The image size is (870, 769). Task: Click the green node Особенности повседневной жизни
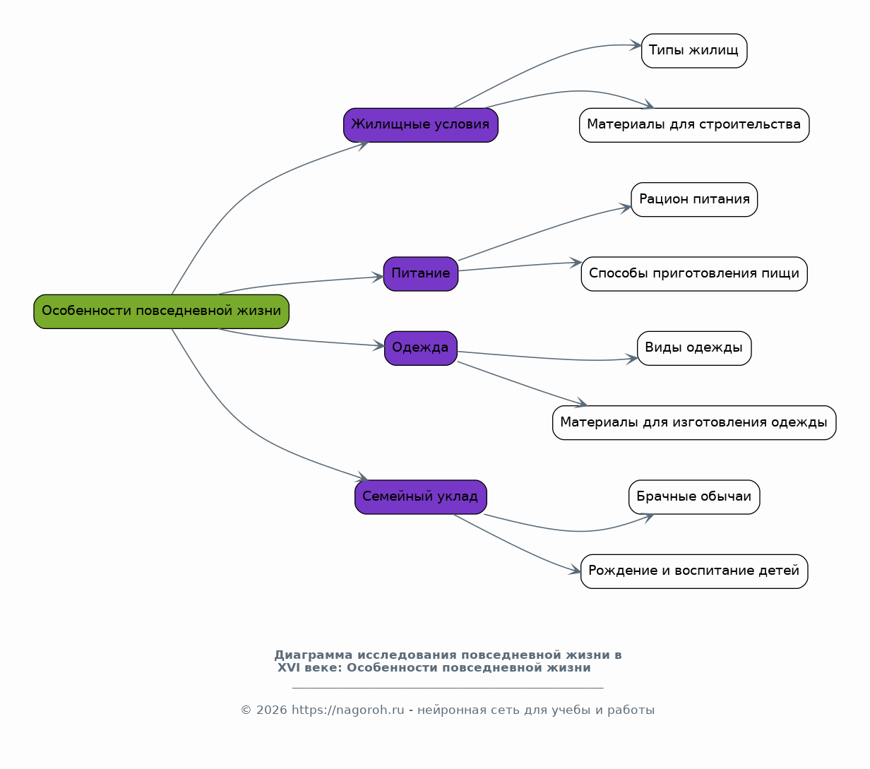pos(162,311)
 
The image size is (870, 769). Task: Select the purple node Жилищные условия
pos(421,126)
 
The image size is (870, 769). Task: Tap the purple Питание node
pos(421,274)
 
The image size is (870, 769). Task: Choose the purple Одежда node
pos(421,348)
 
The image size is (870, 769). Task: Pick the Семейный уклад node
pos(421,497)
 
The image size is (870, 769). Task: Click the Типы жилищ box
pos(694,51)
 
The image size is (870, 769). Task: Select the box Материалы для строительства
pos(694,126)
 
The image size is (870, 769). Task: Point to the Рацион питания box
pos(694,200)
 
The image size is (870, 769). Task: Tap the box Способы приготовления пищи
pos(694,274)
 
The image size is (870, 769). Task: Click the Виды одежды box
pos(694,348)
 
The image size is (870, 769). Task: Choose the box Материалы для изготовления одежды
pos(694,423)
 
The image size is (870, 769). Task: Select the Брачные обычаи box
pos(694,497)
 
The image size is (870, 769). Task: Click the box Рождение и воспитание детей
pos(694,571)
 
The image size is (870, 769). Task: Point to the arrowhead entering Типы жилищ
pos(636,45)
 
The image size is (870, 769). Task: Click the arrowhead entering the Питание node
pos(378,277)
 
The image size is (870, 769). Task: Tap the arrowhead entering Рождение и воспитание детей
pos(575,570)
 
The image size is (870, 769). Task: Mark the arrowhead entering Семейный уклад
pos(362,477)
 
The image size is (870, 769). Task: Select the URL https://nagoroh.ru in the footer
pos(348,710)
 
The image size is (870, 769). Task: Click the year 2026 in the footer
pos(271,710)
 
